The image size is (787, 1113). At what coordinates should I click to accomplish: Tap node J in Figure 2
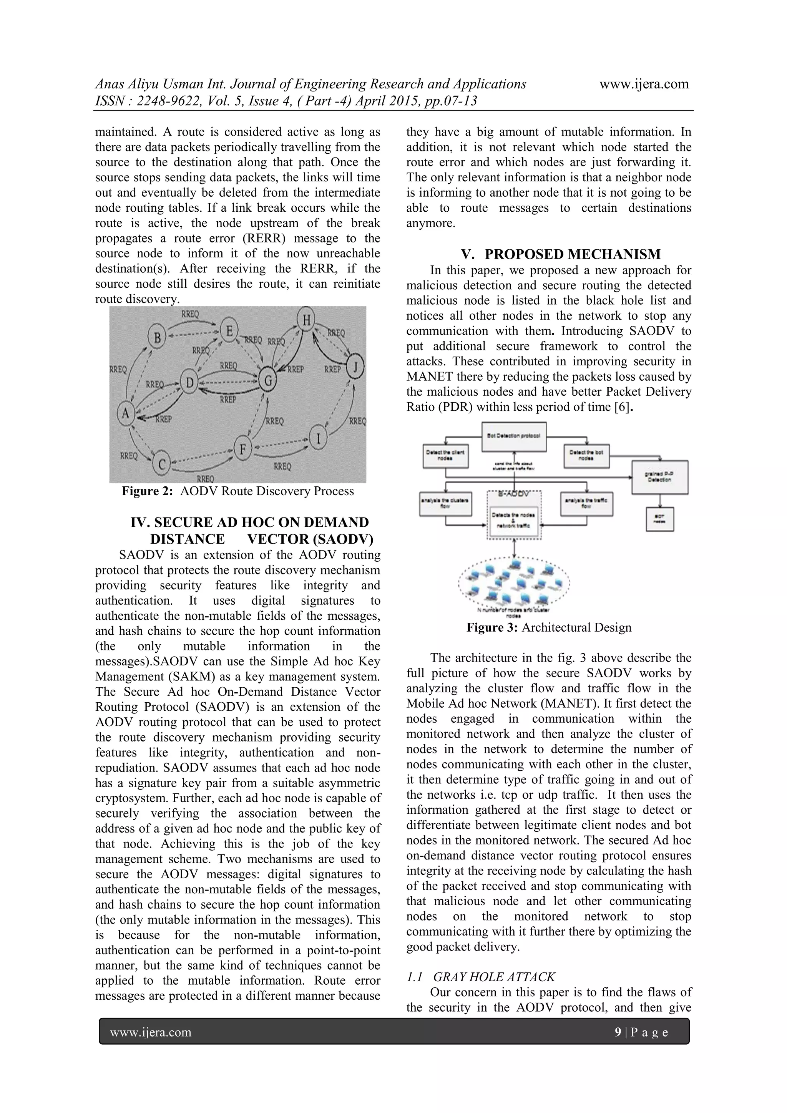pyautogui.click(x=355, y=367)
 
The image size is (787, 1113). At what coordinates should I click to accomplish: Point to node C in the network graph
pyautogui.click(x=161, y=464)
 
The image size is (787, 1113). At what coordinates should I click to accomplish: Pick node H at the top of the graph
pyautogui.click(x=306, y=319)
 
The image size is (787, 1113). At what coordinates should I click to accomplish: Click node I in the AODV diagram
pyautogui.click(x=318, y=439)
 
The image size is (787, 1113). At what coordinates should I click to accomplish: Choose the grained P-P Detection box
pyautogui.click(x=660, y=477)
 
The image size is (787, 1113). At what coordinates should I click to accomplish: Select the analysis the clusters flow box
pyautogui.click(x=445, y=503)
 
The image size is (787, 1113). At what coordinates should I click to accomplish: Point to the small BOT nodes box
pyautogui.click(x=659, y=519)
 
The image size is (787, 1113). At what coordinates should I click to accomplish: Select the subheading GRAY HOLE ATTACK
pyautogui.click(x=494, y=977)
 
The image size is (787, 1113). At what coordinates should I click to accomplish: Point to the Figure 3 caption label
pyautogui.click(x=492, y=627)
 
